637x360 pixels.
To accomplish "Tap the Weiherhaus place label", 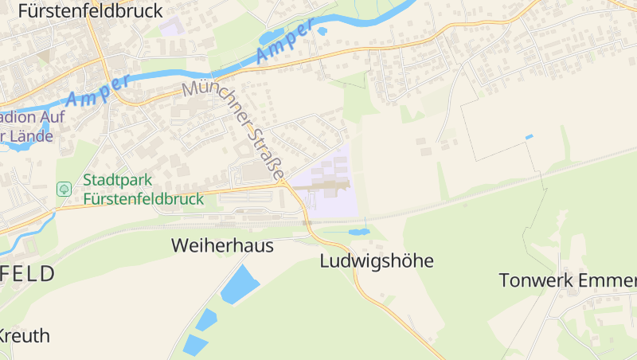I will pyautogui.click(x=222, y=246).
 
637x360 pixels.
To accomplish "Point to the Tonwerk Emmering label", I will pyautogui.click(x=568, y=280).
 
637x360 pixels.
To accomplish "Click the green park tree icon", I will pyautogui.click(x=64, y=190).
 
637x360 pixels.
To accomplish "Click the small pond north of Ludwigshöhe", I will pyautogui.click(x=359, y=233).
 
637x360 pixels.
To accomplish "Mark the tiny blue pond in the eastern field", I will pyautogui.click(x=529, y=137).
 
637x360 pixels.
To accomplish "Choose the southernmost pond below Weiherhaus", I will pyautogui.click(x=193, y=345).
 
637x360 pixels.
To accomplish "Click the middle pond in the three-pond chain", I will pyautogui.click(x=206, y=319).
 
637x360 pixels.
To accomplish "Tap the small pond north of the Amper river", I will pyautogui.click(x=322, y=31).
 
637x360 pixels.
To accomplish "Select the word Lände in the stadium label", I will pyautogui.click(x=33, y=136).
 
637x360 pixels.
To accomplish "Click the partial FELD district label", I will pyautogui.click(x=28, y=275).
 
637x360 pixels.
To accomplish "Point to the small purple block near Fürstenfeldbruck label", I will pyautogui.click(x=171, y=26).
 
